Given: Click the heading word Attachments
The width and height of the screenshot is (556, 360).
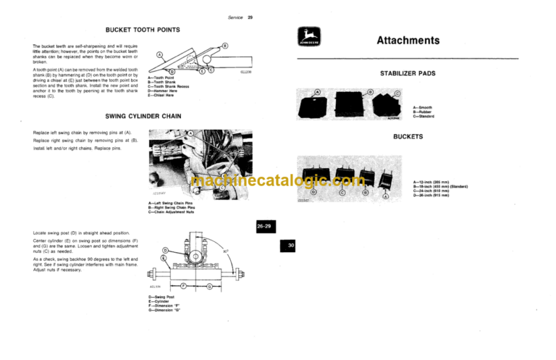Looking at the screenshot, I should click(408, 41).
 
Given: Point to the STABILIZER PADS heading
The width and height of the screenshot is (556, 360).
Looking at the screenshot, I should click(408, 74).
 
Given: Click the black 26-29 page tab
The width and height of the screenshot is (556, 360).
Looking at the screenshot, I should click(264, 227).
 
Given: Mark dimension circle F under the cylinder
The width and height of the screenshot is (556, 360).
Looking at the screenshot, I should click(184, 286).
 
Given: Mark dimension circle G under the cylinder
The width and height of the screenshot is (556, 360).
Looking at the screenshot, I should click(208, 286).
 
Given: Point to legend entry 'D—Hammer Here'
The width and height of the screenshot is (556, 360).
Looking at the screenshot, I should click(164, 92).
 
